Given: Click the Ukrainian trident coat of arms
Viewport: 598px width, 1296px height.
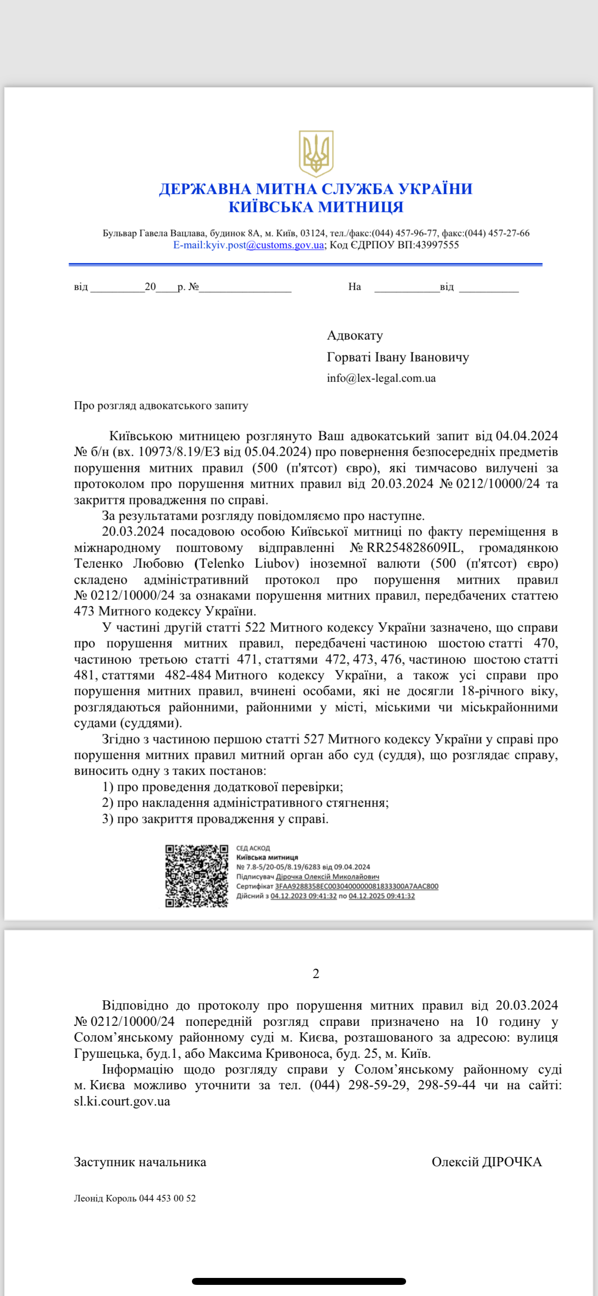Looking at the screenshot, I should [x=316, y=153].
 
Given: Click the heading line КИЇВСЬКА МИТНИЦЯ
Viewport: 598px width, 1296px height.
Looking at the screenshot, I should [x=316, y=207].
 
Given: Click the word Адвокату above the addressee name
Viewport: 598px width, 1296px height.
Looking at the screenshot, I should [x=355, y=335].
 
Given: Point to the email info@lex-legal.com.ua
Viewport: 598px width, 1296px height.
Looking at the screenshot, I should [x=381, y=378].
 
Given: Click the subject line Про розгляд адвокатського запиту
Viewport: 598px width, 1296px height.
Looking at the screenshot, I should [x=161, y=406].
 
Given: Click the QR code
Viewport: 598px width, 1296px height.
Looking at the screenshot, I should [x=197, y=876].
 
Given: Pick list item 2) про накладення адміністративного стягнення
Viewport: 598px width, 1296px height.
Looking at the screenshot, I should [x=245, y=802].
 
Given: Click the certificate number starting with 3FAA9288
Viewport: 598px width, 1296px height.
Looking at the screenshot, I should [x=356, y=886].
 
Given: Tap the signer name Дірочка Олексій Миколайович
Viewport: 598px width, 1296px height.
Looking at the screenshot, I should [x=327, y=877].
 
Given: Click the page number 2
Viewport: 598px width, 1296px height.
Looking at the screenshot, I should [x=316, y=973].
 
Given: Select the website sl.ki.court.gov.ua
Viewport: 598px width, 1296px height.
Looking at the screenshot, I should [x=122, y=1101].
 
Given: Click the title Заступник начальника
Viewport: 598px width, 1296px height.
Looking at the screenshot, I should [x=140, y=1162].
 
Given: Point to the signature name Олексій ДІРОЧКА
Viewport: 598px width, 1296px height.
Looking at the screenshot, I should [x=486, y=1162].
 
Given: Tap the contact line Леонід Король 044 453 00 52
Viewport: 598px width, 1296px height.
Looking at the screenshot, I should [x=135, y=1198].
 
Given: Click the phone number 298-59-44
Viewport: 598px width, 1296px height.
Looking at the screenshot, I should [x=446, y=1085].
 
